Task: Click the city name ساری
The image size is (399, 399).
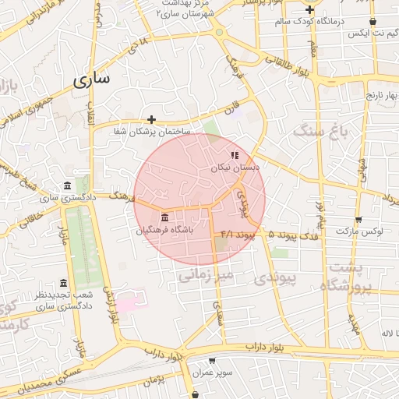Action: [x=92, y=79]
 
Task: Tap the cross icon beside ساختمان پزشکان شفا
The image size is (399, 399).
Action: [x=152, y=119]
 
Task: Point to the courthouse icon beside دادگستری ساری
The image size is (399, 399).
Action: [x=67, y=186]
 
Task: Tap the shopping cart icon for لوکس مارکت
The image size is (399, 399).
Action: [x=358, y=220]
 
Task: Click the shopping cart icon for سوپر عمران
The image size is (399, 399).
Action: [x=212, y=361]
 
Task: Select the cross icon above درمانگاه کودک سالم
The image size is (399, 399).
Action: [x=310, y=10]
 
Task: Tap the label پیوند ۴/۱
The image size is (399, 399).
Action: [x=238, y=234]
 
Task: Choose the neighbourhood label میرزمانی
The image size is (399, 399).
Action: [x=206, y=274]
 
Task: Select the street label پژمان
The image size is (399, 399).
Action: [x=155, y=381]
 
